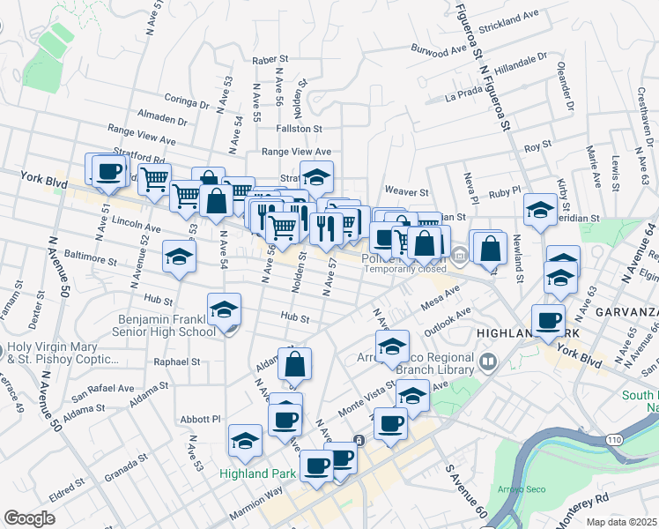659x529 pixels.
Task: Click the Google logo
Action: point(30,518)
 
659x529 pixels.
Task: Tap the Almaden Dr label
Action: point(163,118)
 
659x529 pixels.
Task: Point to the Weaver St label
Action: point(406,191)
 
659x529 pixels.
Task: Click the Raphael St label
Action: point(177,361)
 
